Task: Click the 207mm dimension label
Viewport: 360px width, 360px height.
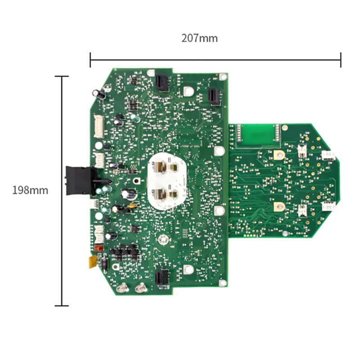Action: [199, 38]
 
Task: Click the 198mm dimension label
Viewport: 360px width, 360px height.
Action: [30, 190]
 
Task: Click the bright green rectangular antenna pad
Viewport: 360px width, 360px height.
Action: [255, 134]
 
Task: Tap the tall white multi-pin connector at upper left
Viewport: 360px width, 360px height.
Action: [99, 126]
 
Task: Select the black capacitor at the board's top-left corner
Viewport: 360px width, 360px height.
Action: [99, 94]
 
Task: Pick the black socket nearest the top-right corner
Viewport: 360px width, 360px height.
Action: [215, 96]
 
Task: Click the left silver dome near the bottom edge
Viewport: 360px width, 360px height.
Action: [122, 287]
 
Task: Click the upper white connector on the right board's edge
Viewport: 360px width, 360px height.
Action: [329, 155]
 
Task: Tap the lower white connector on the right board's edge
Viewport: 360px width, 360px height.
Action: [329, 207]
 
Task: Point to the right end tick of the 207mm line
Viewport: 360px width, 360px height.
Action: [341, 59]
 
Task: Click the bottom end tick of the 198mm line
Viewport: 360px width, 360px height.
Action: [62, 306]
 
